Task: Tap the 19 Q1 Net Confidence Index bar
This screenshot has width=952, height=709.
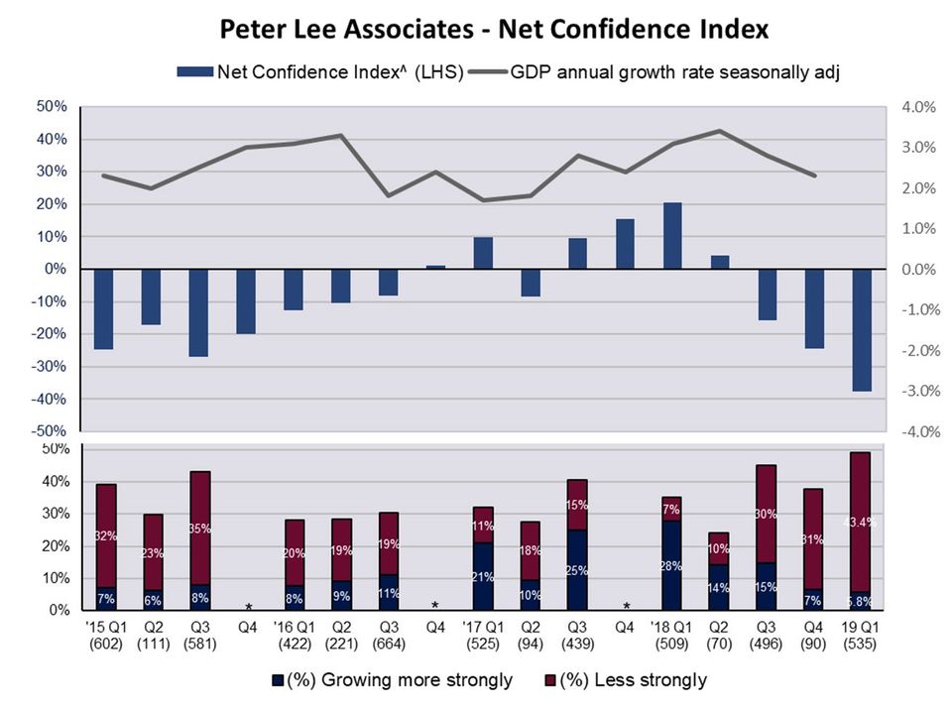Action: coord(862,330)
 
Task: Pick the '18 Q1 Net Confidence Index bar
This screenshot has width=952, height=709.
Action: coord(672,236)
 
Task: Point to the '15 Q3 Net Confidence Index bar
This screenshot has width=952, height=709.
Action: coord(198,312)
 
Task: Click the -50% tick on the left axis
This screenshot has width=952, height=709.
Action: coord(52,431)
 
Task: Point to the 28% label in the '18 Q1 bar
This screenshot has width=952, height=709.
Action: coord(672,565)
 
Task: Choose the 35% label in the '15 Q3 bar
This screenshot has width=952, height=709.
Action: coord(198,529)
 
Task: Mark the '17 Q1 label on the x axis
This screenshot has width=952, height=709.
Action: coord(483,627)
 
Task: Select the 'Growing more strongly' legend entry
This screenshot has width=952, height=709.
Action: coord(398,679)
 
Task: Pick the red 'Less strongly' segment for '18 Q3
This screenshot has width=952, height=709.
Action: coord(767,515)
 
